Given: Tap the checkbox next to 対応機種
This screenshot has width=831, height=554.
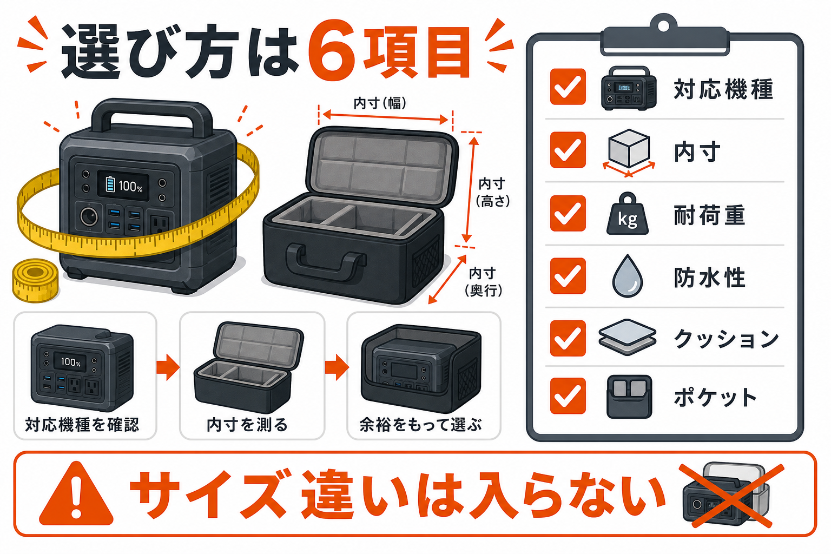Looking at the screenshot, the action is tap(568, 87).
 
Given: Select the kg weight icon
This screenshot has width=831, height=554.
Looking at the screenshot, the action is tap(628, 214).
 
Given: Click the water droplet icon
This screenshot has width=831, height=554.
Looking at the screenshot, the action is tap(628, 276).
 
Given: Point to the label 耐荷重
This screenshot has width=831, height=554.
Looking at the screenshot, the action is tap(709, 215).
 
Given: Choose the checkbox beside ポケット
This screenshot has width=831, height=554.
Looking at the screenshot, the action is tap(568, 395).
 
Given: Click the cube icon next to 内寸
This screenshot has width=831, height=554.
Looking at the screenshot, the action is tap(629, 153).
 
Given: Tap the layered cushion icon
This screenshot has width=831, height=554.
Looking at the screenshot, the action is tap(628, 337).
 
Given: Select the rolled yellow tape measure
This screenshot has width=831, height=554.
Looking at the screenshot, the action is tap(36, 280).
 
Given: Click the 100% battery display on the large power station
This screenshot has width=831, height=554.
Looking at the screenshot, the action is tap(124, 185).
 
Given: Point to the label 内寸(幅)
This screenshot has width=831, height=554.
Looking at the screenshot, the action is tap(380, 103).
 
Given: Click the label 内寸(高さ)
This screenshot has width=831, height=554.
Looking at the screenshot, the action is tap(493, 192).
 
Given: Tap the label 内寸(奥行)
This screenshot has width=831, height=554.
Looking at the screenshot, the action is tap(483, 282).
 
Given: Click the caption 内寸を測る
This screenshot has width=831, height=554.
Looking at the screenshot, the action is tap(247, 425).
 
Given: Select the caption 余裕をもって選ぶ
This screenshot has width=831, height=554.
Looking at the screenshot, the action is tap(421, 425).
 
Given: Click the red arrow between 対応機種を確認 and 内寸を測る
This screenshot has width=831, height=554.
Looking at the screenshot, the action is tap(168, 367).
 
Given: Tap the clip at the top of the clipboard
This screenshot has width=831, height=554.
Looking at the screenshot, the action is tap(664, 35).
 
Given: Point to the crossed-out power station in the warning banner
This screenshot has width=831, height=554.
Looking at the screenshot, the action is tap(726, 494).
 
